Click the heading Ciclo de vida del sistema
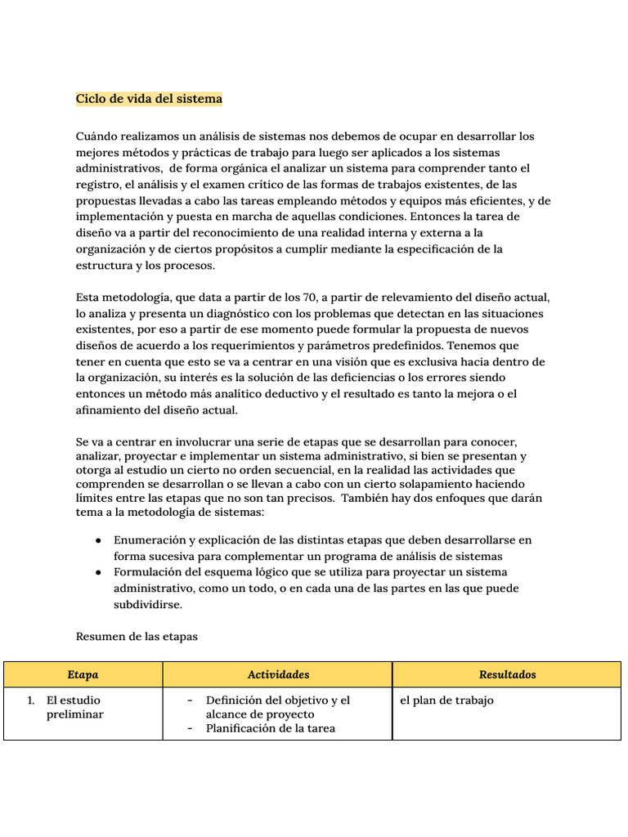point(149,99)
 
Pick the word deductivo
point(290,394)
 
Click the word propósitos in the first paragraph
point(245,249)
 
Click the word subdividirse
point(148,605)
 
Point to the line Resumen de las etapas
point(137,636)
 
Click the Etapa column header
point(83,674)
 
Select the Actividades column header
point(278,674)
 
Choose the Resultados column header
point(507,674)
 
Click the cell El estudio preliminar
point(74,708)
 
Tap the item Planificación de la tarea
point(271,728)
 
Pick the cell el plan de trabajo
point(446,700)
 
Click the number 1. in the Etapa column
point(31,700)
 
